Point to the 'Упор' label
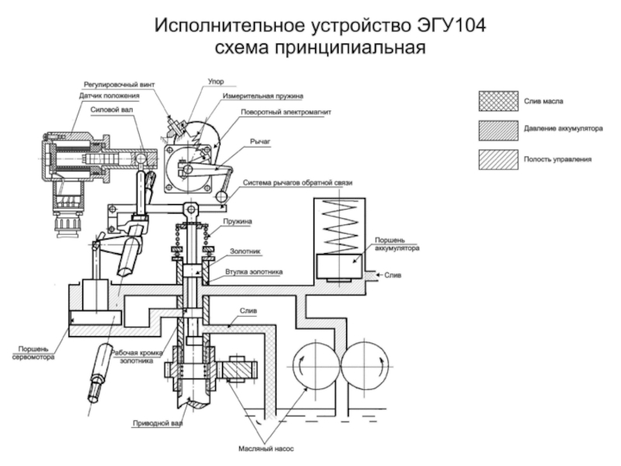click(217, 81)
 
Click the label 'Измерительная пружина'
click(262, 96)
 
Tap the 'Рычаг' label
click(259, 144)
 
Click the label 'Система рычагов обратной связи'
click(298, 183)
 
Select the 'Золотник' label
click(245, 252)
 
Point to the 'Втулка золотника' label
click(254, 272)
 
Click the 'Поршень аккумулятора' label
click(397, 245)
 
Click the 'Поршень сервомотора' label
click(33, 353)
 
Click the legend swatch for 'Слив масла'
click(498, 101)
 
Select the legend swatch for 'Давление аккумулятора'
click(498, 130)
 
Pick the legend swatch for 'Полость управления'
click(498, 158)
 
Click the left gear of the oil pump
click(314, 364)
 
